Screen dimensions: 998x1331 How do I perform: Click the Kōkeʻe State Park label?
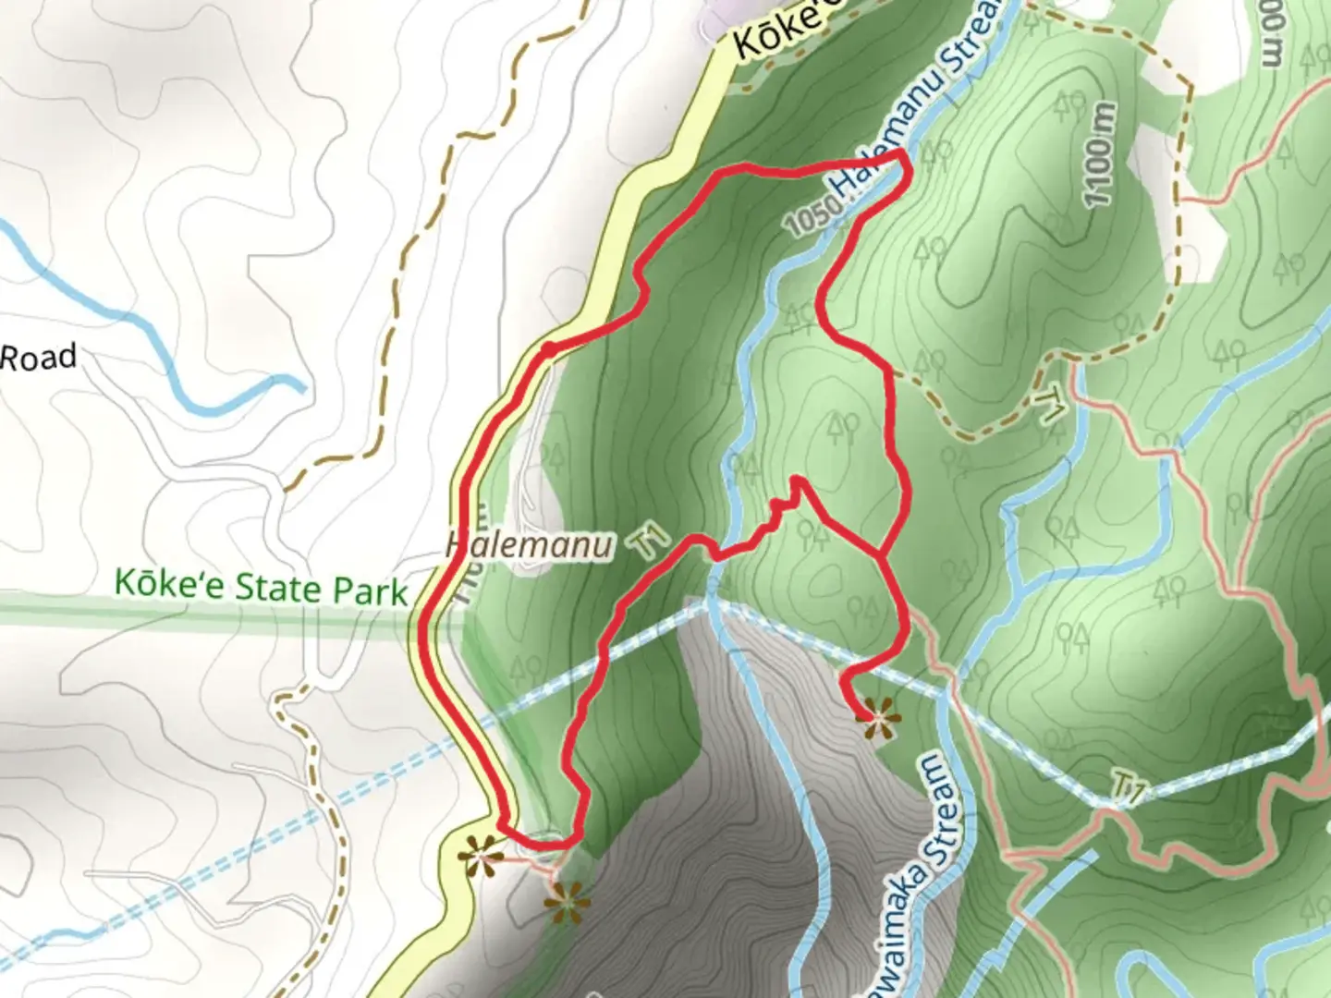pyautogui.click(x=261, y=588)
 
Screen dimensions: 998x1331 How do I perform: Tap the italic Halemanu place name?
pyautogui.click(x=529, y=545)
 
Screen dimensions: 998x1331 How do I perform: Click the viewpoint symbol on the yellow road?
pyautogui.click(x=480, y=856)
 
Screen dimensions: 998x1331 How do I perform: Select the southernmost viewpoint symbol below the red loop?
pyautogui.click(x=567, y=901)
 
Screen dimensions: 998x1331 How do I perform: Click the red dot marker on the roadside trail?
pyautogui.click(x=548, y=349)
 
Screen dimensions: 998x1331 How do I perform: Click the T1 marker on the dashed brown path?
pyautogui.click(x=1050, y=404)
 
